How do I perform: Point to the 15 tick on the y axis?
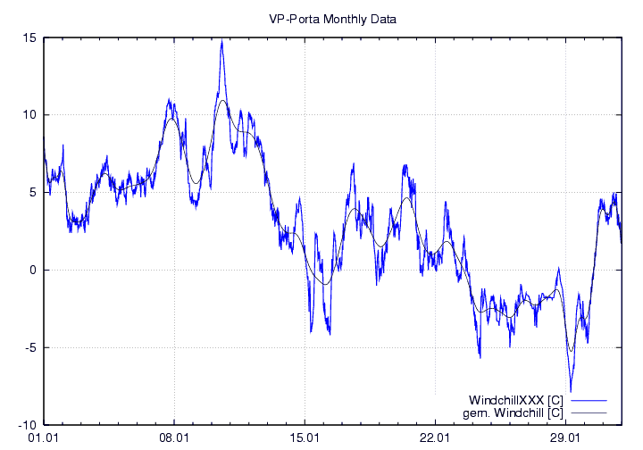(x=29, y=37)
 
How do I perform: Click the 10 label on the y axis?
(x=29, y=115)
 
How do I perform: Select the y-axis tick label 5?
(x=32, y=193)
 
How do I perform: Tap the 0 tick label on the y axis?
(x=32, y=271)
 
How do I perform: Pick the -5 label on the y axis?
(x=30, y=348)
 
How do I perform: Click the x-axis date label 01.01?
(x=43, y=438)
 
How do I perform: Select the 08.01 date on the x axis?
(x=173, y=438)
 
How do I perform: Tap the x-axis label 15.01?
(x=305, y=438)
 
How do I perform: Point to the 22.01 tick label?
(x=435, y=438)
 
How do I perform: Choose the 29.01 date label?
(x=566, y=438)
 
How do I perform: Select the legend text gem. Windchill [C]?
(x=514, y=412)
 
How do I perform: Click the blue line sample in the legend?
(x=589, y=399)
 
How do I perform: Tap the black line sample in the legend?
(x=589, y=412)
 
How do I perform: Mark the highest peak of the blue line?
(x=221, y=41)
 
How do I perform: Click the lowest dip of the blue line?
(x=570, y=390)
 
